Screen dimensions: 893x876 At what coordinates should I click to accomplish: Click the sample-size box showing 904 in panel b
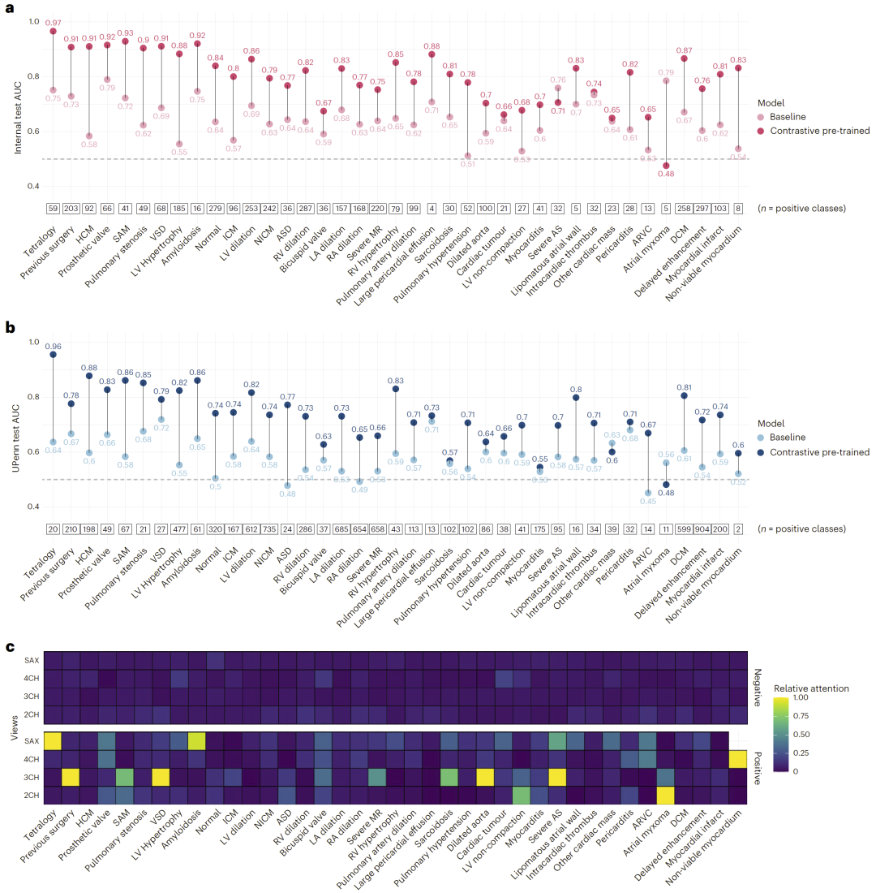(702, 528)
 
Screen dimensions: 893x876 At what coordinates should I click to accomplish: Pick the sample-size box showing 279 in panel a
(215, 209)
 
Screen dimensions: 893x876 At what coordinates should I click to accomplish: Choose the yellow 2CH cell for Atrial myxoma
(665, 796)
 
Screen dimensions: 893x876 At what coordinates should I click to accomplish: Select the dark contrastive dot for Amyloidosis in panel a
(197, 43)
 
